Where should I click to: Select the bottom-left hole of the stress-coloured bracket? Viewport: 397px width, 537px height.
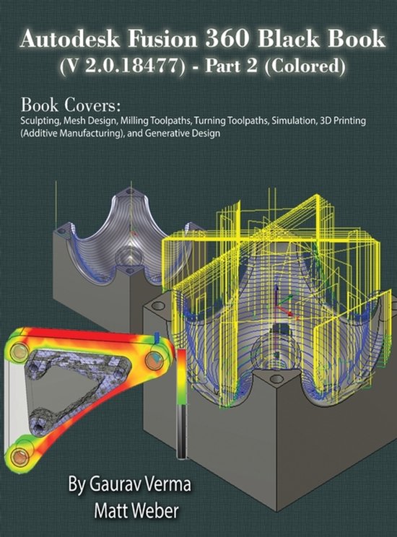[20, 456]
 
